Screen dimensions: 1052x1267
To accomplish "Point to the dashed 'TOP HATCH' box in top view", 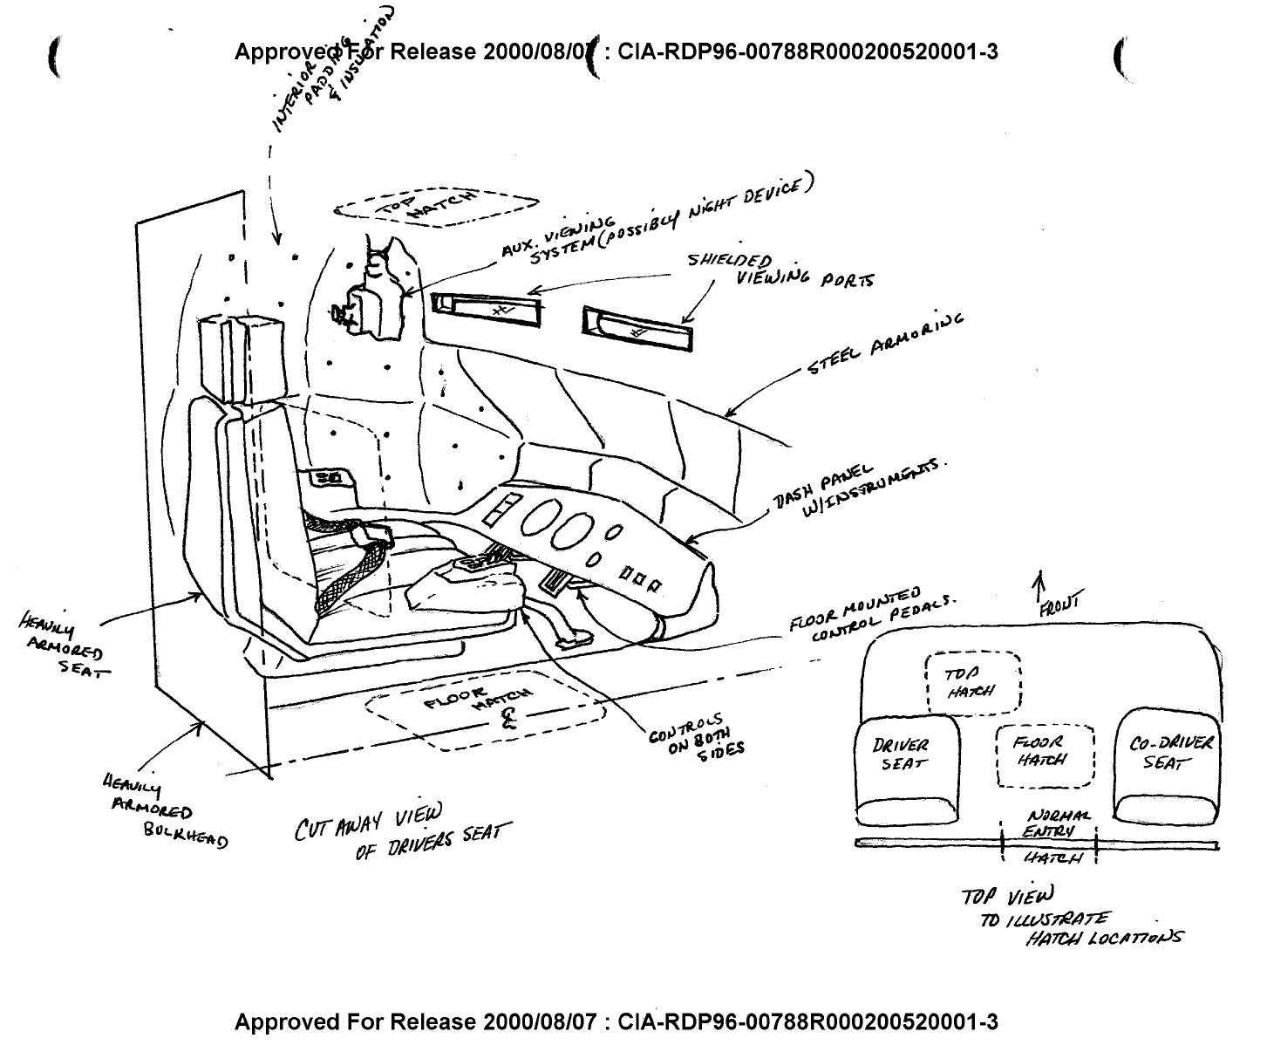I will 972,682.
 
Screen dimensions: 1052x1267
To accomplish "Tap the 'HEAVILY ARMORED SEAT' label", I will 63,645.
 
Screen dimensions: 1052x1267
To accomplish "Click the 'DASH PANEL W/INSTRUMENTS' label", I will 855,488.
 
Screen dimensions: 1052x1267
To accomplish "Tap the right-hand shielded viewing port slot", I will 638,329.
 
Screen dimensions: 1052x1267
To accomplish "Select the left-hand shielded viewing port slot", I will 486,308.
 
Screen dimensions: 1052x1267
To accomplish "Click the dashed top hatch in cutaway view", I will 436,207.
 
